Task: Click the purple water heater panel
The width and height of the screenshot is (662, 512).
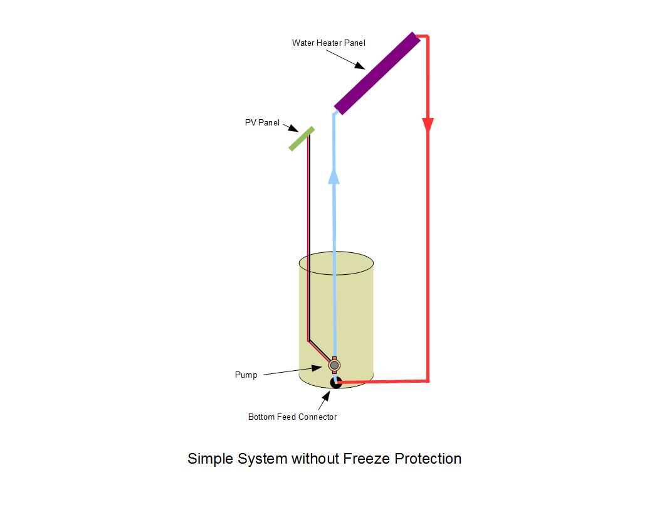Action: pos(377,73)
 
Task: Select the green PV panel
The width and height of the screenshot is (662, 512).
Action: pos(302,139)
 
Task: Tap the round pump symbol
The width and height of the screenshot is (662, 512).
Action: pos(335,365)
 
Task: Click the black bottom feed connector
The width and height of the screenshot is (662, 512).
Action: pos(336,382)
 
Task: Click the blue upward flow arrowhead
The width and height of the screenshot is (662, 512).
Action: pos(334,175)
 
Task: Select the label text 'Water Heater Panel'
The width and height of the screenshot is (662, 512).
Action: pos(328,43)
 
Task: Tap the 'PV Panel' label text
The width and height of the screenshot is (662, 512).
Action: pos(262,123)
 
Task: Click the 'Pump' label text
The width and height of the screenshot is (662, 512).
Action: pos(246,375)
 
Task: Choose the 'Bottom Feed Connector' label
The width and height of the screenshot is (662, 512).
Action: pos(292,417)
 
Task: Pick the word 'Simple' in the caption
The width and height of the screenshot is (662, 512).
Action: pos(210,459)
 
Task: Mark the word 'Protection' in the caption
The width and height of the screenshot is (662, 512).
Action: pos(428,459)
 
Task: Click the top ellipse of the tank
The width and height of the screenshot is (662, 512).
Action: pos(336,264)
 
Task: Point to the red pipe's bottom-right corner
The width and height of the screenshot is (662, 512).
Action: pos(428,380)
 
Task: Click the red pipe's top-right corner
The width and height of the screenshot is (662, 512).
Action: pos(427,37)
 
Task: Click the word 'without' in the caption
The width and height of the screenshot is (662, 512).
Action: pos(315,459)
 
